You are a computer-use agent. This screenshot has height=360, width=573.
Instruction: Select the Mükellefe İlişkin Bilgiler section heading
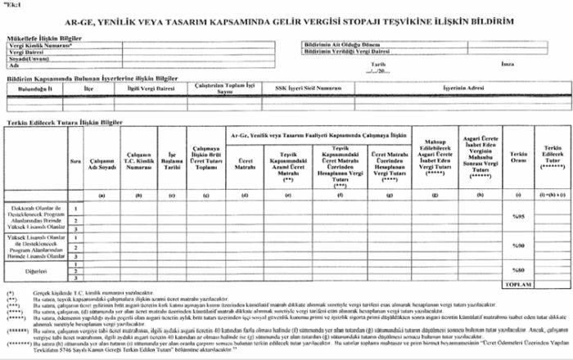tap(46, 38)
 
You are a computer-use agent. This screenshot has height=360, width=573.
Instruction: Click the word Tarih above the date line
tap(378, 64)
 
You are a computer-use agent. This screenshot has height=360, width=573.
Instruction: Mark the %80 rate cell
tap(517, 271)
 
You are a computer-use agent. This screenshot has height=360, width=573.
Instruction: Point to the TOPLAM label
tap(517, 283)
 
